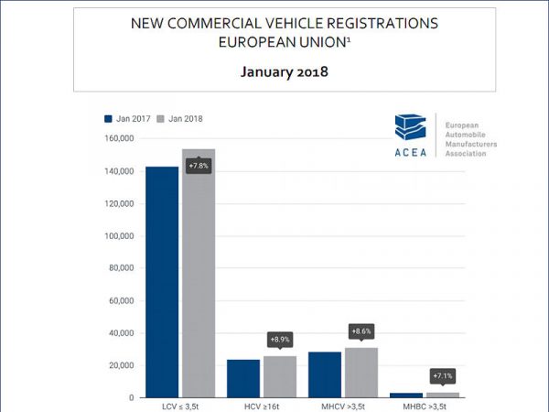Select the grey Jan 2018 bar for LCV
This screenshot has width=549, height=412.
[x=198, y=275]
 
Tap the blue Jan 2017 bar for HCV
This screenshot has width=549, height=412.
[x=243, y=378]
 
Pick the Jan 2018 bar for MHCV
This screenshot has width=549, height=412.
[x=361, y=373]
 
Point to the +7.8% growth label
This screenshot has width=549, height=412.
[x=199, y=166]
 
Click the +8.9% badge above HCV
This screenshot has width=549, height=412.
[x=280, y=339]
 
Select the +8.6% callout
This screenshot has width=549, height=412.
[x=361, y=331]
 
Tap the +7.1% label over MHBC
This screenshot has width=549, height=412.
[x=443, y=375]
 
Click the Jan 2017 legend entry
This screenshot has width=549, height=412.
[x=127, y=118]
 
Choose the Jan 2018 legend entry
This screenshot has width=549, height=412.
[x=179, y=118]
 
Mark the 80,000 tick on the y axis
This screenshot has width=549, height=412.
[x=119, y=268]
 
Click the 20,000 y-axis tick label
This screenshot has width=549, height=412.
[x=119, y=365]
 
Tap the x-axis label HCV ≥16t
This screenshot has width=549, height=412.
[x=262, y=406]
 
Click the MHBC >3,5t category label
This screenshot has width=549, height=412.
[x=425, y=406]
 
